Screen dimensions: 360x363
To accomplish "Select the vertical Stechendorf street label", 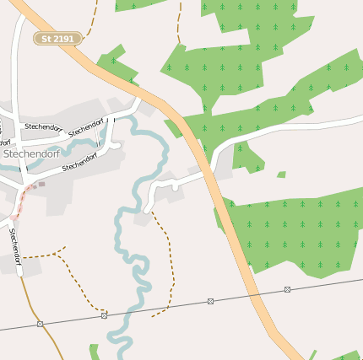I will click(15, 244).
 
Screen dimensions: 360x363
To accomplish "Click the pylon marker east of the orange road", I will click(288, 289).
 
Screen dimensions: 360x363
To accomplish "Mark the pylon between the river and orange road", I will click(210, 301).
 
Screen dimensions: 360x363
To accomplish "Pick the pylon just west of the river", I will click(105, 315).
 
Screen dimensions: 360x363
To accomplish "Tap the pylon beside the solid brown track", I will click(40, 324).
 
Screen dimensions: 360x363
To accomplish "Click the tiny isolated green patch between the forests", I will click(281, 175).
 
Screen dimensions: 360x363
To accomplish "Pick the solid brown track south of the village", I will click(42, 320).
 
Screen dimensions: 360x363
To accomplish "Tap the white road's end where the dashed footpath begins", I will click(149, 209).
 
